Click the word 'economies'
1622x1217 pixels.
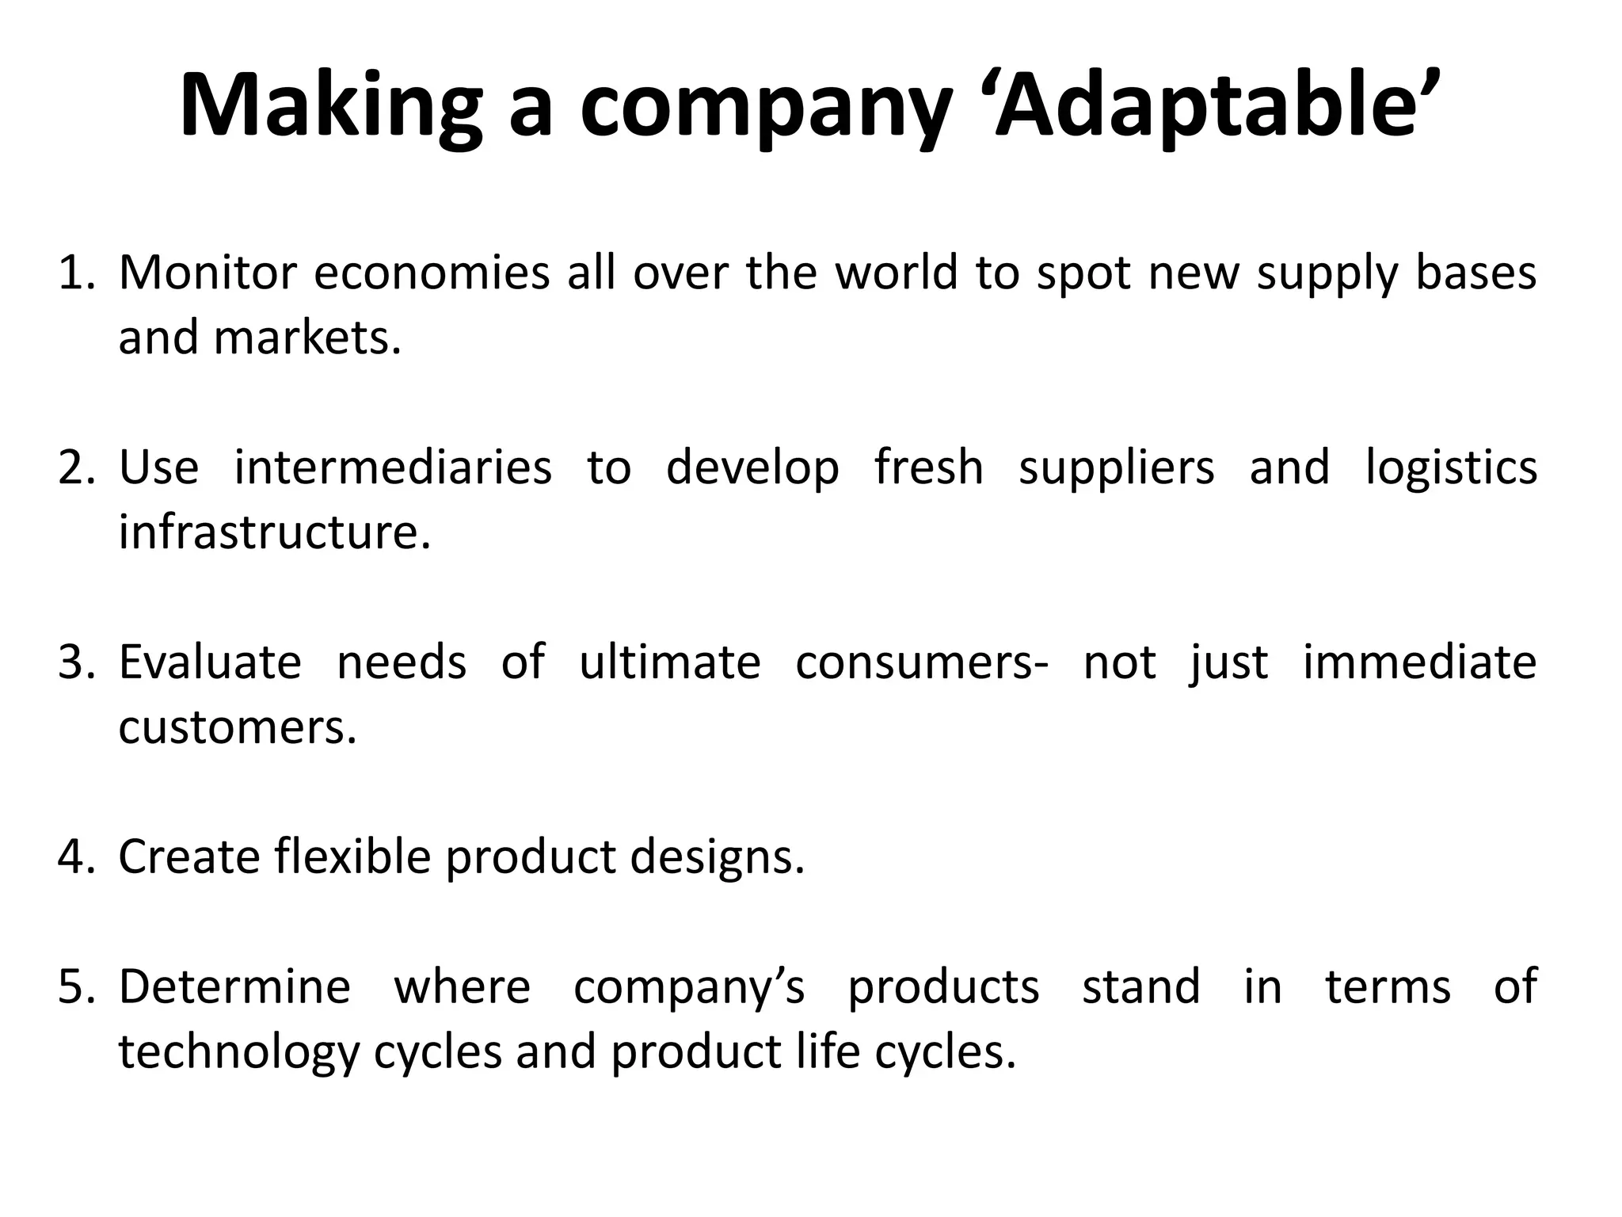point(432,273)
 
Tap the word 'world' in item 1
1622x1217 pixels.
point(897,273)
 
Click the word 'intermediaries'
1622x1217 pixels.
point(393,467)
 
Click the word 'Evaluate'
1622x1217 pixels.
point(210,662)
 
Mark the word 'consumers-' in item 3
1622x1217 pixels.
point(922,662)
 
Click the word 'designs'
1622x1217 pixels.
point(712,857)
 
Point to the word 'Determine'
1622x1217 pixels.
point(234,987)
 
